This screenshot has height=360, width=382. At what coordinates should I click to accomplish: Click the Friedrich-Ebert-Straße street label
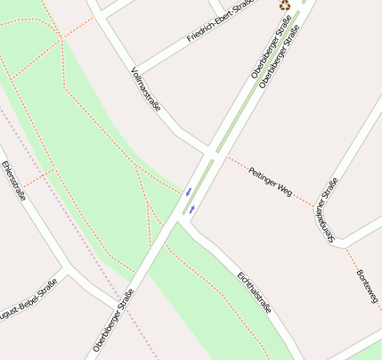[219, 22]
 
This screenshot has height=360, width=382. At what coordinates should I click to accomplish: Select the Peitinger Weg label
[270, 180]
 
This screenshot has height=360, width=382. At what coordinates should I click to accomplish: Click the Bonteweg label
[368, 285]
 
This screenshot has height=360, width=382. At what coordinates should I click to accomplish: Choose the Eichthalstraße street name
[255, 291]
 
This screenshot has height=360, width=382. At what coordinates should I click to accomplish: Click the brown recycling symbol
[284, 5]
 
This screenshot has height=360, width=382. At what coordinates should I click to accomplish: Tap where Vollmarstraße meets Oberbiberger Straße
[211, 151]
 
